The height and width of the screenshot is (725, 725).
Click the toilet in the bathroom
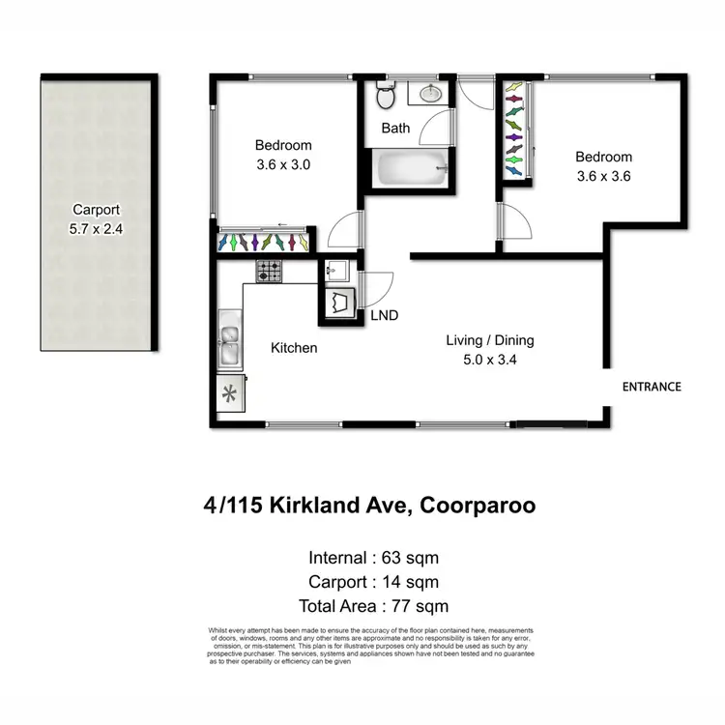385,97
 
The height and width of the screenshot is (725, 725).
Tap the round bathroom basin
430,94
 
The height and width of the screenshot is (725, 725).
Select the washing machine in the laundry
339,304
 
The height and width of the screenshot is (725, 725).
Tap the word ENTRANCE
651,387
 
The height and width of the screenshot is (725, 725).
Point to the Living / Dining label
489,340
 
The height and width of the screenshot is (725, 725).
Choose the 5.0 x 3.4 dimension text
489,360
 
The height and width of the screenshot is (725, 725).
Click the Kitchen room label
294,347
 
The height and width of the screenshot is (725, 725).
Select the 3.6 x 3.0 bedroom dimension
282,164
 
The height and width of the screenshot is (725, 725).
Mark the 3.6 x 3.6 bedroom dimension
603,177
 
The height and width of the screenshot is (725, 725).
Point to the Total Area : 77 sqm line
373,606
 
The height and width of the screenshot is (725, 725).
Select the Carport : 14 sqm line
373,582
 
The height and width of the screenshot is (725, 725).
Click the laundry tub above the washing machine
338,271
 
